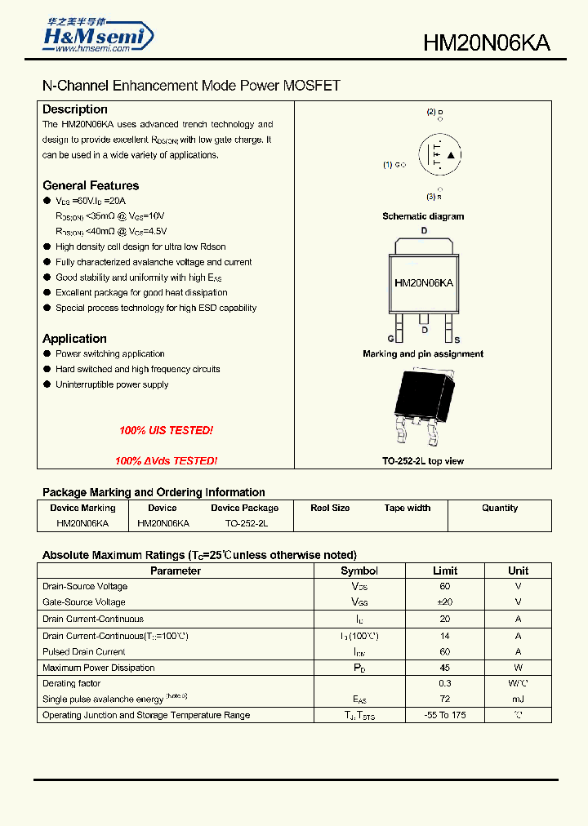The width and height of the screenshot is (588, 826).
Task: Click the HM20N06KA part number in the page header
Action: (x=486, y=43)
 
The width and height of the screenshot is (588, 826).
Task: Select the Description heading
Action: (x=75, y=109)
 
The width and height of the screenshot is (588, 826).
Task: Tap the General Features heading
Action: (x=91, y=185)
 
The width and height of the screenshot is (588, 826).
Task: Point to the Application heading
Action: (x=74, y=339)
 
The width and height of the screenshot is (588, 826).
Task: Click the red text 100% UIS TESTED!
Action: (x=166, y=430)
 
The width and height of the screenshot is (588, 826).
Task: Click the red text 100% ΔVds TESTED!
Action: (x=166, y=461)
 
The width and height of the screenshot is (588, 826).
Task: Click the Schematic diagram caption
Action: (x=423, y=216)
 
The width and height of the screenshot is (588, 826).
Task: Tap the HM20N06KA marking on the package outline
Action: (x=423, y=283)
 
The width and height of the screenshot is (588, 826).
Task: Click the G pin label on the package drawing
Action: (x=391, y=339)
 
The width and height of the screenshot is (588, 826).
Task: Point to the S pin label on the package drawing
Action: (x=457, y=340)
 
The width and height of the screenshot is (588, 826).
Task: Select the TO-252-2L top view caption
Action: (x=423, y=461)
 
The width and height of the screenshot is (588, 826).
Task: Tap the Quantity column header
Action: (x=500, y=508)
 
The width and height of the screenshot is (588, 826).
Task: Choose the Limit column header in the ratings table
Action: (x=445, y=571)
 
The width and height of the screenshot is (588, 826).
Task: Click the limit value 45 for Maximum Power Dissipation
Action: (x=445, y=668)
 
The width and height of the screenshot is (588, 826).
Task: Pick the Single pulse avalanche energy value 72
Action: (x=445, y=699)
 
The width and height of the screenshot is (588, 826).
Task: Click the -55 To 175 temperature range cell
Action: (x=445, y=715)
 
